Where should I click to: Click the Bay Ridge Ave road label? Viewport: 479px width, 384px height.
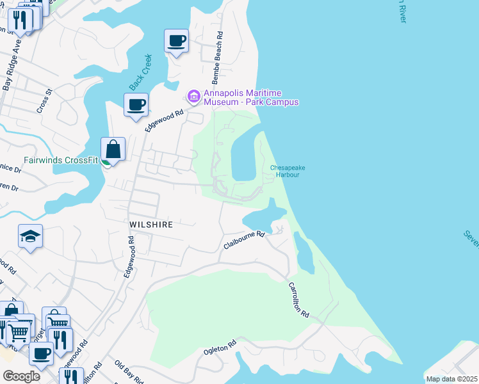point(12,65)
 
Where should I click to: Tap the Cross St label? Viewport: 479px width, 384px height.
point(44,101)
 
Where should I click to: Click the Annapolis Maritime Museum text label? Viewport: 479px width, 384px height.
point(251,97)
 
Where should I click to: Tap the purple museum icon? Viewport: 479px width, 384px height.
point(193,97)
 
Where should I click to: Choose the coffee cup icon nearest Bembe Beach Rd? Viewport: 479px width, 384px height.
point(177,42)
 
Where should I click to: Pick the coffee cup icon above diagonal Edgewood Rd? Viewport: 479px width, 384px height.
point(136,104)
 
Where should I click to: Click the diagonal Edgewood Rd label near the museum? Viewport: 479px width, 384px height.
point(165,118)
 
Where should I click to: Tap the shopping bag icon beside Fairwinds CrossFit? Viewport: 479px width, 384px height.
point(113,150)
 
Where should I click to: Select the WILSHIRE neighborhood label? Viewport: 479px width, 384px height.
point(151,225)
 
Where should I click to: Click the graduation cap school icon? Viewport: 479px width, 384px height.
point(30,236)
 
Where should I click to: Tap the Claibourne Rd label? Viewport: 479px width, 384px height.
point(244,241)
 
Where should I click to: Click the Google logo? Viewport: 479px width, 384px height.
point(21,376)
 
